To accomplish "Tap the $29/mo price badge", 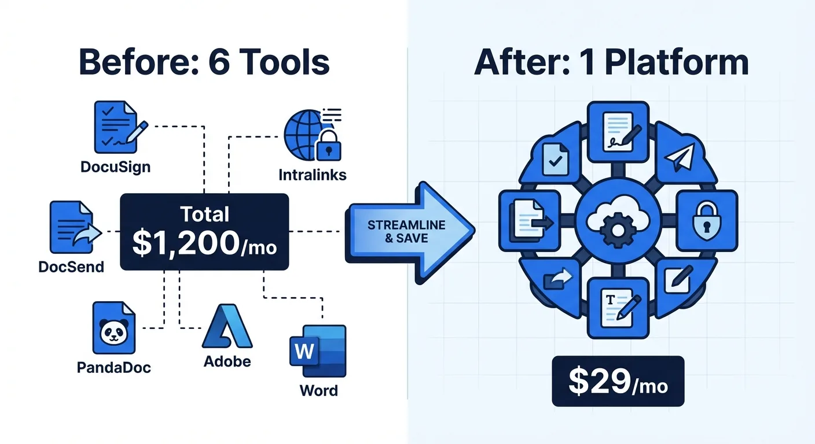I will (618, 381).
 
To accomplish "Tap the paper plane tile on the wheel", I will (680, 156).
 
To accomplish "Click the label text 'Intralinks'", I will (313, 174).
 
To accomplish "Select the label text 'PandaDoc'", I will (114, 367).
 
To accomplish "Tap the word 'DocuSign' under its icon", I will (116, 168).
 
